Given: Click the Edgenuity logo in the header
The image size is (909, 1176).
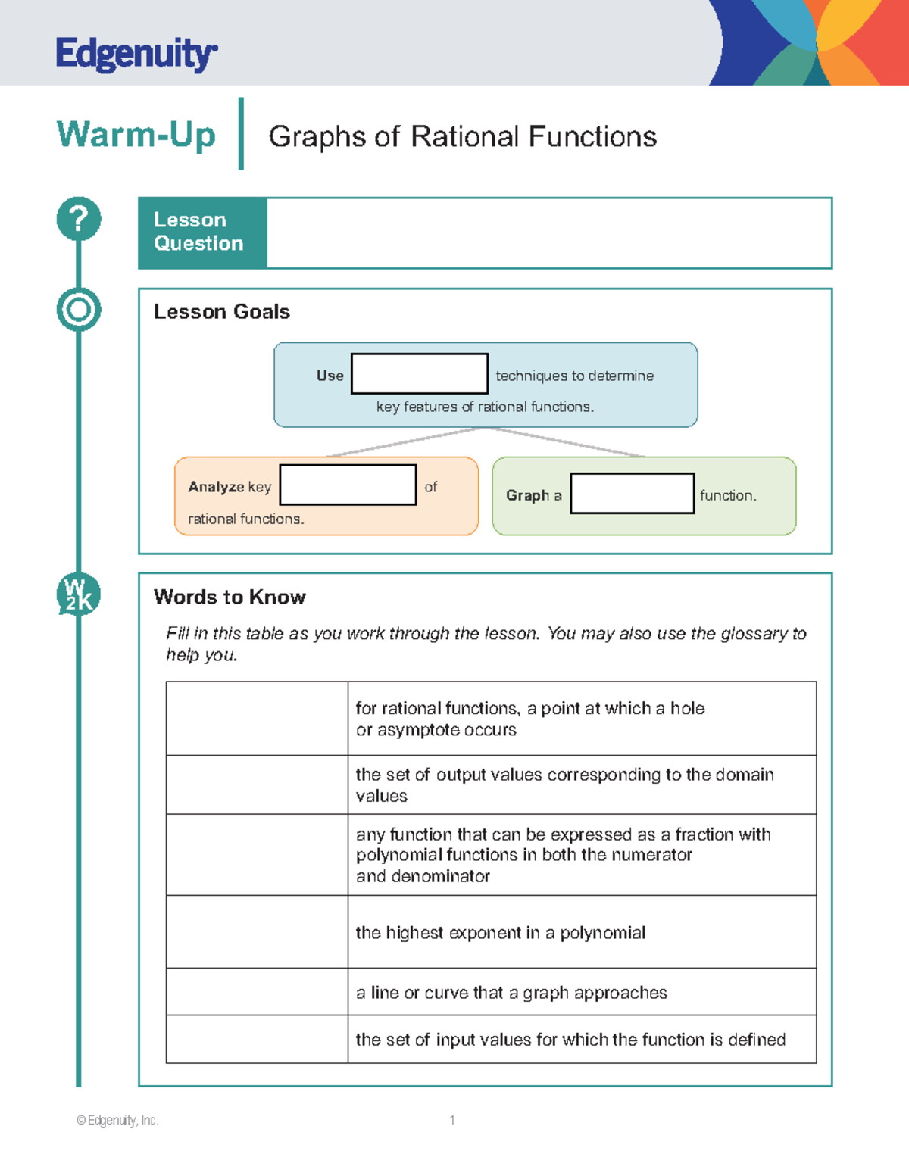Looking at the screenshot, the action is coord(136,54).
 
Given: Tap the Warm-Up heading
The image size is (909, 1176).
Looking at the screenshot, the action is coord(136,136).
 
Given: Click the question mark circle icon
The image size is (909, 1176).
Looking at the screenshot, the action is coord(79,219).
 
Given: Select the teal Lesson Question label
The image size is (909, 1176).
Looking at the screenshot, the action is coord(202,232).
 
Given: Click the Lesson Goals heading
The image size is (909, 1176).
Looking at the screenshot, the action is coord(221,312).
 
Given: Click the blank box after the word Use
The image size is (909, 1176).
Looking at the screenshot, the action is coord(420,373).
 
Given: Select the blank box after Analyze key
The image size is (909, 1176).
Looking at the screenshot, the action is coord(348,485).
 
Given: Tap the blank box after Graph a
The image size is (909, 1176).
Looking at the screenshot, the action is coord(633,493).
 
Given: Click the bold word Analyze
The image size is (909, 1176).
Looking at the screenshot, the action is coord(216,487).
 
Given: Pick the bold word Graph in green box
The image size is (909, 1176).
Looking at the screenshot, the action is coord(528,495).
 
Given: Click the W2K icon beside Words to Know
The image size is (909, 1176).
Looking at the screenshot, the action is coord(79,594).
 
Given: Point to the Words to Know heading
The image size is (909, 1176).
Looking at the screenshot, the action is coord(230,597).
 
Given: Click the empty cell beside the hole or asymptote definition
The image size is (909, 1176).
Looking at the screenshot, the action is coord(257,718).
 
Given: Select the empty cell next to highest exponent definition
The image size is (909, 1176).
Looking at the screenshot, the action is coord(257,931).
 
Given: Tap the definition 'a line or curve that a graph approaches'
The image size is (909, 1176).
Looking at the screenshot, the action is coord(511,993).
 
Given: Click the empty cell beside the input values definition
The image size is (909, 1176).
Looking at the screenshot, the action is coord(257,1039).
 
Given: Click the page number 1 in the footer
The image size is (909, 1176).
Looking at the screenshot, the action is coord(452,1120).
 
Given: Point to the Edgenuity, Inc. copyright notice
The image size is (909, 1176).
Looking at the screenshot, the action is coord(117,1120).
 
